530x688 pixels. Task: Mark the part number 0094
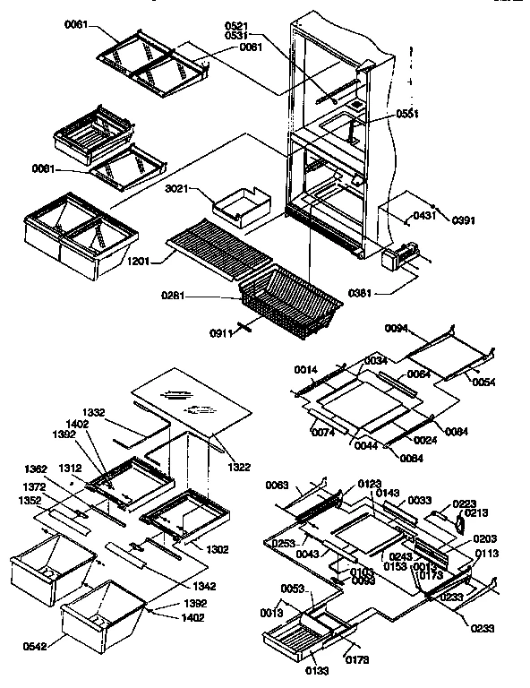(397, 329)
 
